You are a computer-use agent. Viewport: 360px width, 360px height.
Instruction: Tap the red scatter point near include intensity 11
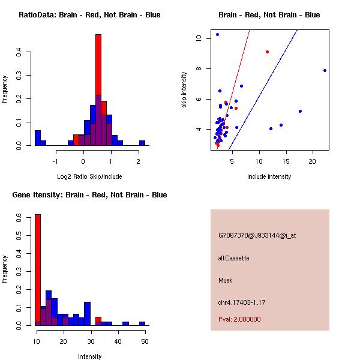[267, 52]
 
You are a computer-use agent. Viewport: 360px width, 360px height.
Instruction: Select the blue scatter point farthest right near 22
[325, 70]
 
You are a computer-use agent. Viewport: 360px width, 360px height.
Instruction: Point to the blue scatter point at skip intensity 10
[217, 35]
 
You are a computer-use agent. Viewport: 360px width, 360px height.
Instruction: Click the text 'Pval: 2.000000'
[239, 319]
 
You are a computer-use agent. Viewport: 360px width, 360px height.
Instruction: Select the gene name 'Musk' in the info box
[225, 280]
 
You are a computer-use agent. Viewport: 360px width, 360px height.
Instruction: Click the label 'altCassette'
[233, 258]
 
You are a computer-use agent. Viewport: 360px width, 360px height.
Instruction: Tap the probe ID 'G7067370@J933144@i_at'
[257, 235]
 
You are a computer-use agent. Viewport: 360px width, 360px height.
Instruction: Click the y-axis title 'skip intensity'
[184, 90]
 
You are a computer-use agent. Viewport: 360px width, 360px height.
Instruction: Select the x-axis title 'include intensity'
[269, 176]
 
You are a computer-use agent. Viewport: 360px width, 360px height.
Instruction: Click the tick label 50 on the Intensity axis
[144, 341]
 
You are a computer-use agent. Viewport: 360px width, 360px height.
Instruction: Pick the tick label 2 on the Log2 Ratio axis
[139, 161]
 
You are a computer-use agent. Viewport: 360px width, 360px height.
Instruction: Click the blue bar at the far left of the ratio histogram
[38, 138]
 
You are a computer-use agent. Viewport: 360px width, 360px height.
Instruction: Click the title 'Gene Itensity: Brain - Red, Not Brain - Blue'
[86, 194]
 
